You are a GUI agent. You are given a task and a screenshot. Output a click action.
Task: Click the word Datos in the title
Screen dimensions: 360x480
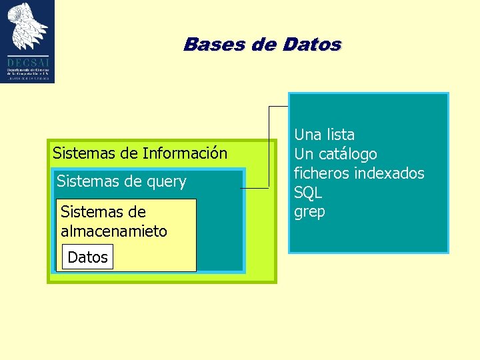pos(312,45)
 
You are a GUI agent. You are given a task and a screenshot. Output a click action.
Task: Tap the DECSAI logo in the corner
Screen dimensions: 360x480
pos(27,41)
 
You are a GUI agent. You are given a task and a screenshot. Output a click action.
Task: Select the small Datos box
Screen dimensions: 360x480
pos(87,257)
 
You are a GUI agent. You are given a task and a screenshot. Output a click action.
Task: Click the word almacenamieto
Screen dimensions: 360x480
pos(113,231)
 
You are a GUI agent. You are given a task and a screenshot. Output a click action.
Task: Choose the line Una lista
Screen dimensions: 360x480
pos(324,135)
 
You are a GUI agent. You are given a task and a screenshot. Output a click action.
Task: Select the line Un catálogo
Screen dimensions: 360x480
pos(335,154)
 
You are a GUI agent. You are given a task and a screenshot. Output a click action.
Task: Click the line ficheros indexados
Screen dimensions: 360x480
pos(359,173)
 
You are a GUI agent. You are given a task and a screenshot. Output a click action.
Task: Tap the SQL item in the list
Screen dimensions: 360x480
pos(308,193)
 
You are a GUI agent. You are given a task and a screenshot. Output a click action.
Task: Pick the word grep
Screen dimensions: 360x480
pos(309,213)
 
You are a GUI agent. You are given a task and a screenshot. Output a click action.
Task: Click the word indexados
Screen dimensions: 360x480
pos(390,173)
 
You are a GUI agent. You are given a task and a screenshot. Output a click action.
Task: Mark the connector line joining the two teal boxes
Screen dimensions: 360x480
pos(269,147)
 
